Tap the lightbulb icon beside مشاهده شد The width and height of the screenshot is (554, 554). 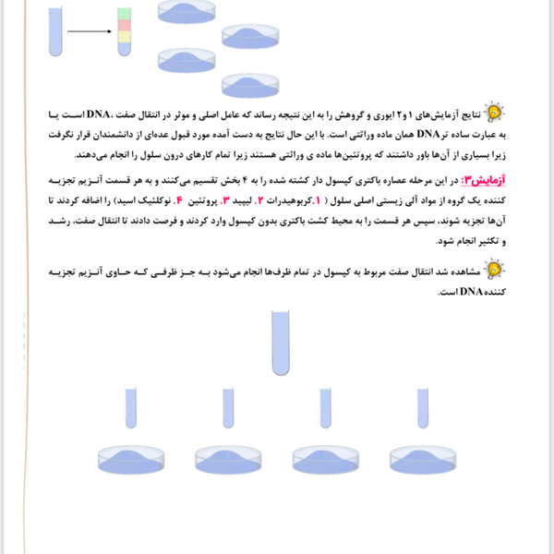[496, 270]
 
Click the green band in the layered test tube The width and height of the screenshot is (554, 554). [123, 14]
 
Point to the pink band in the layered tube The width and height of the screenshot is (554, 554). [123, 26]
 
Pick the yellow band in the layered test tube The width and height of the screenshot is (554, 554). [123, 36]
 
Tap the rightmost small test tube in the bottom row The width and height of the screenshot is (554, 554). [423, 410]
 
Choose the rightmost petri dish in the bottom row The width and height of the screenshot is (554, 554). [423, 459]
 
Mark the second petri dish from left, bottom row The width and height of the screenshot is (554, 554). [229, 459]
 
